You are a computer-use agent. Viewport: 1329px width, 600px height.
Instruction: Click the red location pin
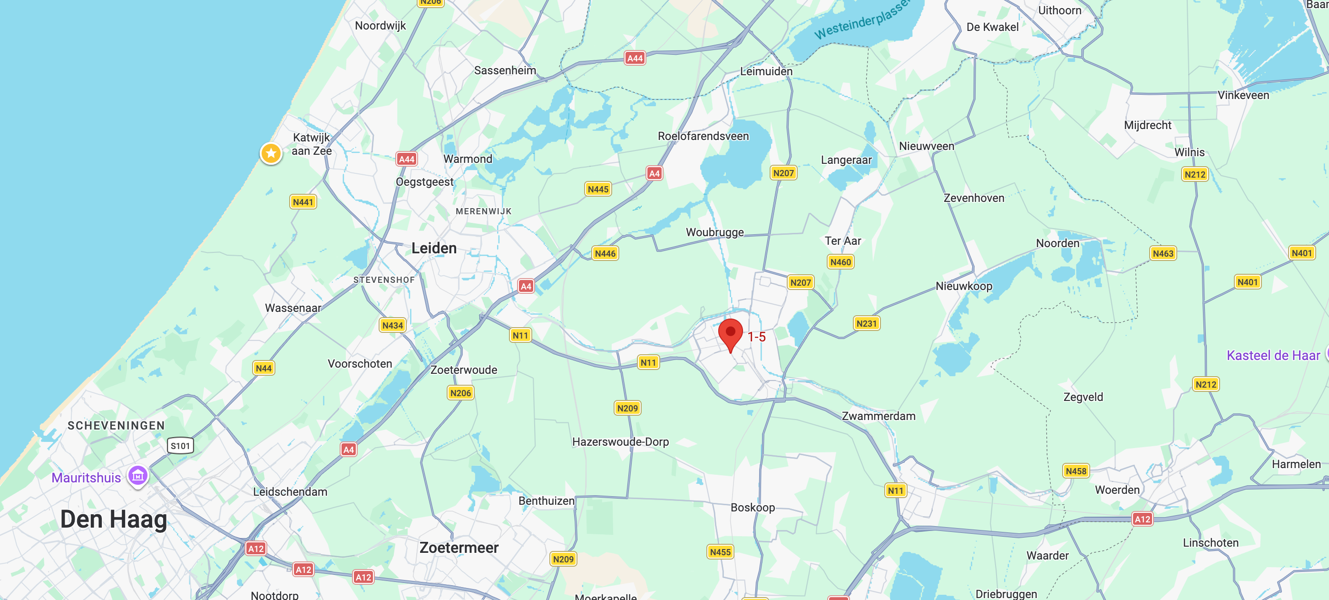[x=730, y=333]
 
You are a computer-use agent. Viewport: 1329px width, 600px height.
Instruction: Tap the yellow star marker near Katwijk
[x=271, y=153]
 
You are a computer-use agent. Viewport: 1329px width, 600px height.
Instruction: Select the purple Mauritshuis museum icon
[x=138, y=476]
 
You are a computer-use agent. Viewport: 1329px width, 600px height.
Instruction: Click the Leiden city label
[x=434, y=249]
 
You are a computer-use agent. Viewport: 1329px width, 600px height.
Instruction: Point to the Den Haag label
[x=114, y=519]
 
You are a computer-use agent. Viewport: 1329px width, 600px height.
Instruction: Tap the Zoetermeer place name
[x=459, y=547]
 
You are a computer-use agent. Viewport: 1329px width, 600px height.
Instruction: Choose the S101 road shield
[x=180, y=446]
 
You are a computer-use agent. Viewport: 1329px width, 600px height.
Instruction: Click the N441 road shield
[x=303, y=202]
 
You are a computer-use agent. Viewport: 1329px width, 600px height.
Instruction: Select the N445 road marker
[x=598, y=189]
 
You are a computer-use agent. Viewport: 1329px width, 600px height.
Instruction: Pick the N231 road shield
[x=866, y=323]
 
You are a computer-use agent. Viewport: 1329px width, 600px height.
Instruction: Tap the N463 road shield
[x=1163, y=253]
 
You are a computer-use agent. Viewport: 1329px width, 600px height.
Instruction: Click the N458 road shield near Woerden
[x=1075, y=470]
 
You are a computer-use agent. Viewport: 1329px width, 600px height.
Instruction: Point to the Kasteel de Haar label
[x=1273, y=355]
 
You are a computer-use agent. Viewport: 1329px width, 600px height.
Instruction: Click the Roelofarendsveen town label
[x=703, y=136]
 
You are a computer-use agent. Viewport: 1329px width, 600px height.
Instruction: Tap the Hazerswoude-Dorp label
[x=620, y=441]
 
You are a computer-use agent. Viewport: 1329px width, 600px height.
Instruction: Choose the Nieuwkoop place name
[x=964, y=286]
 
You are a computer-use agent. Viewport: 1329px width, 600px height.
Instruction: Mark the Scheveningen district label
[x=116, y=425]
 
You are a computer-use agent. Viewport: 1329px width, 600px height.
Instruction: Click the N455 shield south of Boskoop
[x=720, y=552]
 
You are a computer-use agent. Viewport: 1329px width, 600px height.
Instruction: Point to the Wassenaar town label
[x=293, y=308]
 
